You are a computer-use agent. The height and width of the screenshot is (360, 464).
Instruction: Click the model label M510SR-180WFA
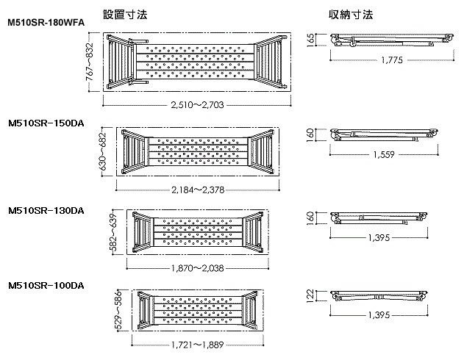click(x=45, y=23)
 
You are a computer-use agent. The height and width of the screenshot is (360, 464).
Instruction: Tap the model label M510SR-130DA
click(x=45, y=210)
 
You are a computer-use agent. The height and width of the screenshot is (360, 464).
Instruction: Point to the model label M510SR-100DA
click(x=45, y=284)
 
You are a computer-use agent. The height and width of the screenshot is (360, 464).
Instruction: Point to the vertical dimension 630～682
click(x=103, y=151)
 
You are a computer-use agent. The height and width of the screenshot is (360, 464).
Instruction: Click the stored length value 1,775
click(x=390, y=61)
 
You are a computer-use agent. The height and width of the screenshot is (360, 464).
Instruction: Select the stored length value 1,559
click(x=385, y=155)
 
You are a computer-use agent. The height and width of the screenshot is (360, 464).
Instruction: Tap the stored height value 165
click(x=311, y=37)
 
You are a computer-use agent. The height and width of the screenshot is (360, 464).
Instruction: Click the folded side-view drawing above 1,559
click(x=384, y=134)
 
